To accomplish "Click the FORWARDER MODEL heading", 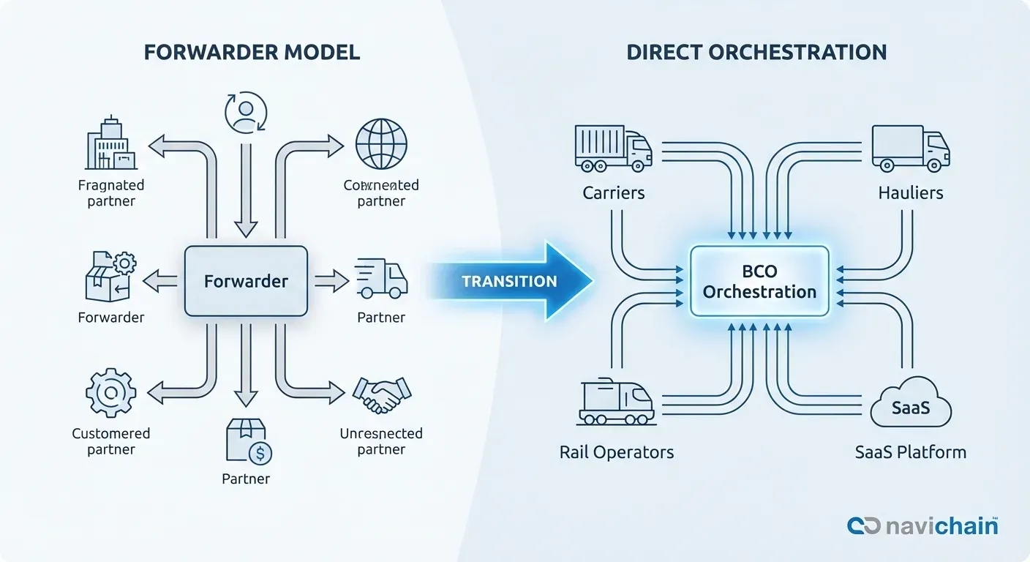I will tap(252, 52).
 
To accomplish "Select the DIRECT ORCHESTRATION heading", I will tap(756, 52).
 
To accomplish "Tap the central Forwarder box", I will tap(246, 281).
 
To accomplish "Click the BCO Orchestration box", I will tap(759, 281).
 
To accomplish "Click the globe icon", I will tap(380, 145).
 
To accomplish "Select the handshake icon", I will tap(381, 396).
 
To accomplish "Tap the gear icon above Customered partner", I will tap(110, 394).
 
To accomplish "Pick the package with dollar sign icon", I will tap(247, 441).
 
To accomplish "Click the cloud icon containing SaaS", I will tap(911, 405).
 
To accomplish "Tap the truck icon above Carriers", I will tap(613, 148).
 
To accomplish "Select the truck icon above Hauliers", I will tap(910, 148).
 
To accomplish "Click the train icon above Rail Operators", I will tap(615, 402).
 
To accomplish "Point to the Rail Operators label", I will tap(616, 452).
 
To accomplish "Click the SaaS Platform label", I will tap(910, 452).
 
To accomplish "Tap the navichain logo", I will tap(922, 525).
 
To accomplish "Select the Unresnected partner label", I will tap(380, 441).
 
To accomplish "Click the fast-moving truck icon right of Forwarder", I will tap(381, 279).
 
